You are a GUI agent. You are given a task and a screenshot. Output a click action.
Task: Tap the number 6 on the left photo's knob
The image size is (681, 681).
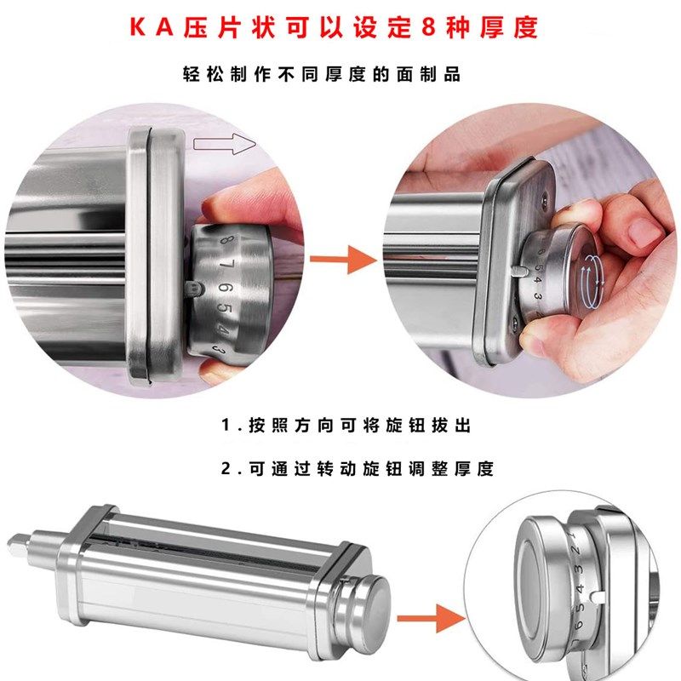pos(225,291)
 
